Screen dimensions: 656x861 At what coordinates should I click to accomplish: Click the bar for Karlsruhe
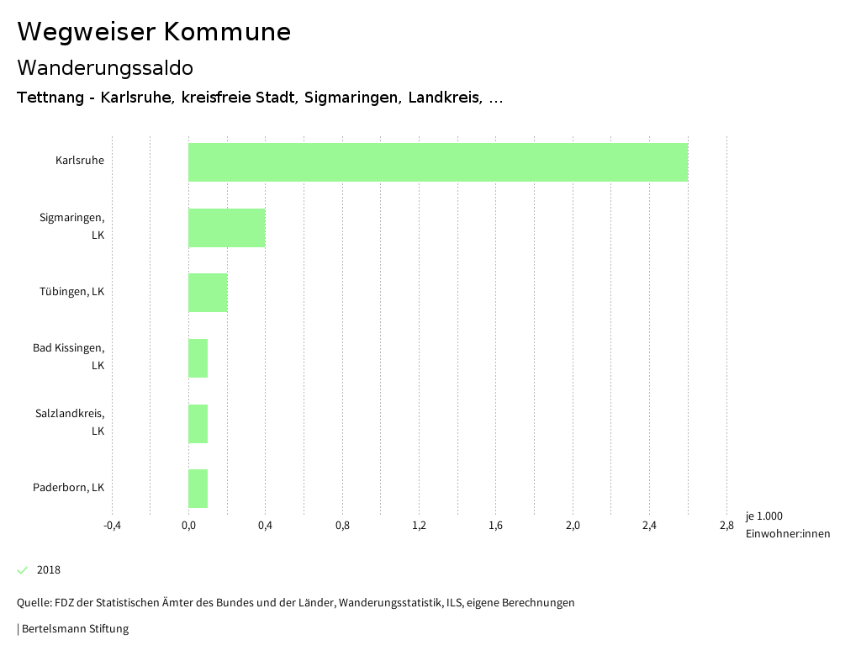click(x=437, y=162)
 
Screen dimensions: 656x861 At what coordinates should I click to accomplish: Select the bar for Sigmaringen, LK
click(x=226, y=227)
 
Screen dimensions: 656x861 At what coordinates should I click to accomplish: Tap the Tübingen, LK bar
click(x=208, y=293)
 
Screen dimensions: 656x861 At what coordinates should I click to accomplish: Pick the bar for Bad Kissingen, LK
click(x=198, y=358)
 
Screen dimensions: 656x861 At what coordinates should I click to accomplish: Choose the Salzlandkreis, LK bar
click(x=198, y=424)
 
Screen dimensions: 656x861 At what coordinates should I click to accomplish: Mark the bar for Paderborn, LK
click(x=198, y=489)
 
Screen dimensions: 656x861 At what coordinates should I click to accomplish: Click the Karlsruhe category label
click(x=80, y=160)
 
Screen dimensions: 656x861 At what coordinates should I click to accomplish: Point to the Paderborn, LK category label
click(x=68, y=487)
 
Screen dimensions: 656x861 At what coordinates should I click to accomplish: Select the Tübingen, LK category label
click(x=71, y=291)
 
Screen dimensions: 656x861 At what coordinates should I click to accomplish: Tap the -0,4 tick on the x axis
click(x=112, y=526)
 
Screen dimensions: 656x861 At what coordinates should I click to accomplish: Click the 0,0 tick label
click(x=188, y=526)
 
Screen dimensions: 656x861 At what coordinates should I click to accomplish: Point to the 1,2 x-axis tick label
click(x=419, y=526)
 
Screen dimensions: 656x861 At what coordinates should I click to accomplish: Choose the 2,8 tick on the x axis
click(x=726, y=526)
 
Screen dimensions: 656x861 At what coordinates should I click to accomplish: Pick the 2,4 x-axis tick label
click(x=649, y=526)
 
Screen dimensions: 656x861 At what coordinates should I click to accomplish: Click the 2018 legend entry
click(x=48, y=569)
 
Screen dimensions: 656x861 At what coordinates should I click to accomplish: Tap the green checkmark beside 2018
click(x=23, y=569)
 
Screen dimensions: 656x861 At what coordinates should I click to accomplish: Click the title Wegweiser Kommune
click(x=154, y=31)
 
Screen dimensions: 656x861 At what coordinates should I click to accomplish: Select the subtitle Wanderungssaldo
click(x=105, y=67)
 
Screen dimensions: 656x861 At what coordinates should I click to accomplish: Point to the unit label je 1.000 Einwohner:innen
click(x=787, y=525)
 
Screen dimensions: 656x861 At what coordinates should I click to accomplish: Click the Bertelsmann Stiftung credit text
click(x=74, y=628)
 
